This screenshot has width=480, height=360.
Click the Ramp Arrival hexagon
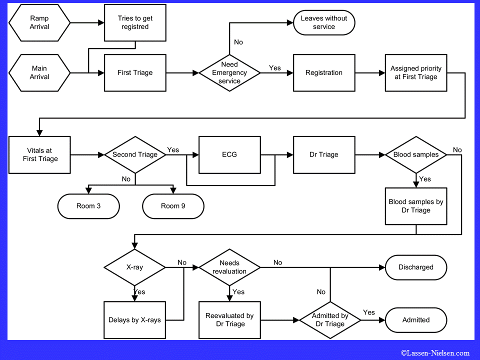[39, 22]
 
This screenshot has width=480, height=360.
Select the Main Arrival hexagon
[39, 72]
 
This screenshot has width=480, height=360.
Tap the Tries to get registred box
[135, 22]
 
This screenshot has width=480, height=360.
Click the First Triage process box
[135, 72]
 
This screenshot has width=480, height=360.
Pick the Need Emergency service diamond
[229, 72]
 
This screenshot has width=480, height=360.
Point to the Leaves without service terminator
[323, 22]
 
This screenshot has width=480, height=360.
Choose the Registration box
[323, 72]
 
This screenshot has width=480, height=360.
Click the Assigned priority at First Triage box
[415, 72]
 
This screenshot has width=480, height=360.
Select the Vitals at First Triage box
[39, 154]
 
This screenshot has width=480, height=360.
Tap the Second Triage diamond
[135, 154]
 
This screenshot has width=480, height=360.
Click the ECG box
[229, 154]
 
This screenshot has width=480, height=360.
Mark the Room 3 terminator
[88, 206]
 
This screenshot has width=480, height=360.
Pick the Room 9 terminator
[173, 206]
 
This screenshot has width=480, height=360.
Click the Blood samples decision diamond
[415, 154]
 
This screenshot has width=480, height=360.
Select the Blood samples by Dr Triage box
[415, 206]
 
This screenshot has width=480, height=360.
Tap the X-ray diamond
[135, 267]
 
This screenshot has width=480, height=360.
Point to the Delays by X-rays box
[135, 319]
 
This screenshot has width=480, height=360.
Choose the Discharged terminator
[415, 267]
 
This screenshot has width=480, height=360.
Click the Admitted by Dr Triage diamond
[330, 319]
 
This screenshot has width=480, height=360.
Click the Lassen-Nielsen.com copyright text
[435, 353]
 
